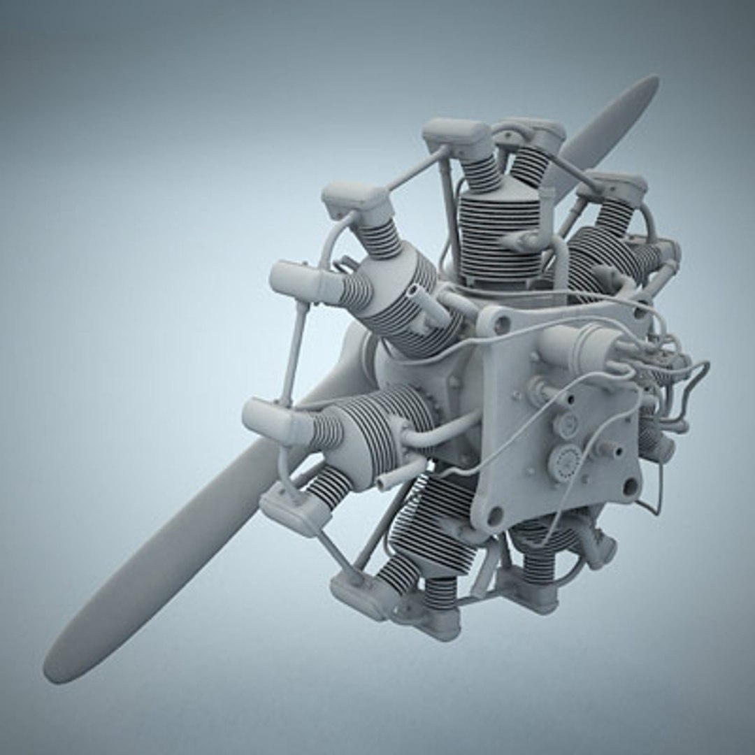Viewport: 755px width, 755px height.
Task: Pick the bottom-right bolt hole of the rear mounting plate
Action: (x=630, y=487)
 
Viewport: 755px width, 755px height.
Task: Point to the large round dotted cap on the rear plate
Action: (x=564, y=461)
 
